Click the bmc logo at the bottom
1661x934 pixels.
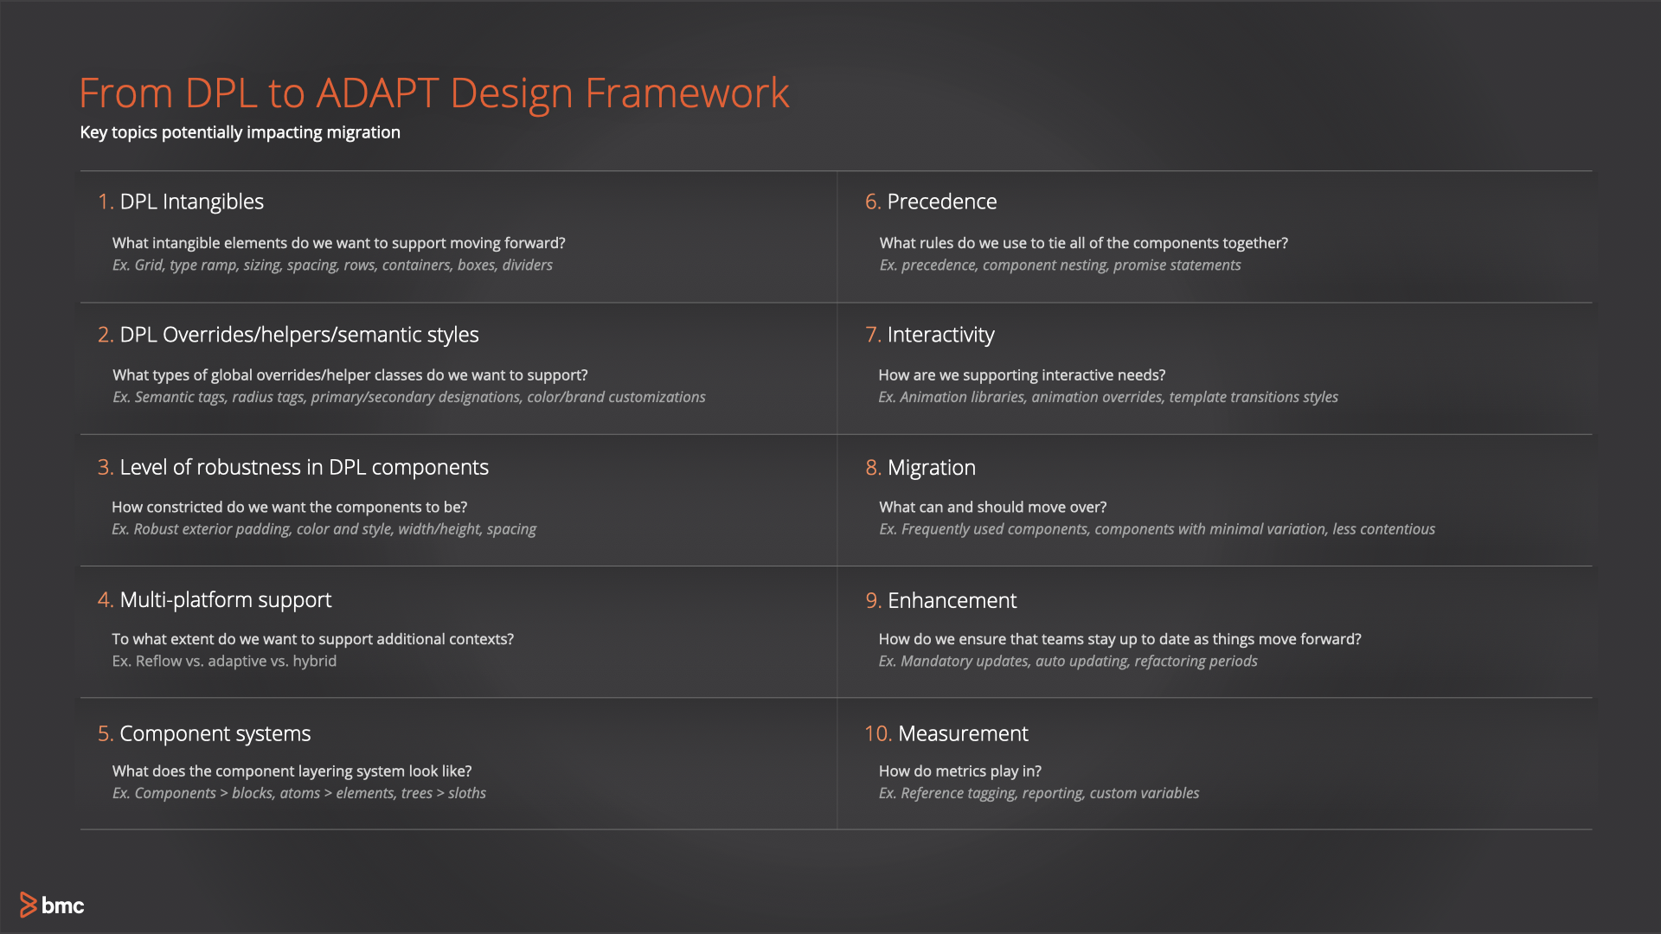pos(52,905)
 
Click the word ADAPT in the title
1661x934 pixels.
pos(377,93)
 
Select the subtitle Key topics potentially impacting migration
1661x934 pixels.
pos(240,132)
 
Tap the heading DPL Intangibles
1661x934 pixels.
pos(191,202)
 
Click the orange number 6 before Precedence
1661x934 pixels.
pos(872,202)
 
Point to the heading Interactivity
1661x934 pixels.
pos(940,335)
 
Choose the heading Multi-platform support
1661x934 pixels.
pos(225,600)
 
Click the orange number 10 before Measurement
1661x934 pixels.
pos(877,733)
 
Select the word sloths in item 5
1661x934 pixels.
pos(467,793)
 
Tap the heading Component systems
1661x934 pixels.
pos(215,733)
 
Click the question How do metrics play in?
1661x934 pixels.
pos(959,771)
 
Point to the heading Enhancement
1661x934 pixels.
pos(952,600)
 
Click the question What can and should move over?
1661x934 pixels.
pos(992,507)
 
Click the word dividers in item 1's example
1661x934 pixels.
pos(527,265)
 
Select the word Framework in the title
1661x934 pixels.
pos(687,93)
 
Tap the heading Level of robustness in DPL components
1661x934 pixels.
pos(304,467)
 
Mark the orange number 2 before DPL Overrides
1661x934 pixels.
pos(105,335)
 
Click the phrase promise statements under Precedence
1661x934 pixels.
pos(1177,265)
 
